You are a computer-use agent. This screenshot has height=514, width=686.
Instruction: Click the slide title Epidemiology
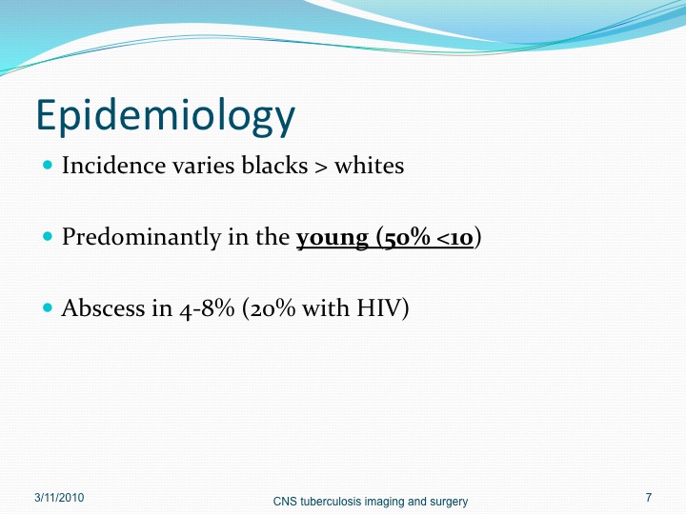(166, 115)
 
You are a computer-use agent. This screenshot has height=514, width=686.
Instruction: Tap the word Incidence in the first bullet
(113, 166)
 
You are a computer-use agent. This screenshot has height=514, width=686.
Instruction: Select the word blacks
(274, 166)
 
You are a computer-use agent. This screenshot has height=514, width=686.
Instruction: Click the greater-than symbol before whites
(321, 167)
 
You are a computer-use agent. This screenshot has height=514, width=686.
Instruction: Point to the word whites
(370, 166)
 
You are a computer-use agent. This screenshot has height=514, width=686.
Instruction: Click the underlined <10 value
(455, 238)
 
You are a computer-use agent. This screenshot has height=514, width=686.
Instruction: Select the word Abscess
(102, 307)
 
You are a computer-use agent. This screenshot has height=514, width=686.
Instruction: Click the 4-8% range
(207, 308)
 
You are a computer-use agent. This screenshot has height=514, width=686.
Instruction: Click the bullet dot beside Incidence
(48, 166)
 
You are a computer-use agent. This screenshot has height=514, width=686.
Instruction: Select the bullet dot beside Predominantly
(48, 237)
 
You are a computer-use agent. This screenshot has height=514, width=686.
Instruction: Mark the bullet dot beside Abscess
(48, 307)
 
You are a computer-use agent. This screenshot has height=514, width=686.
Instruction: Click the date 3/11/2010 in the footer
(59, 498)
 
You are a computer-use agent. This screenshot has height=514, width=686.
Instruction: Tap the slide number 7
(649, 498)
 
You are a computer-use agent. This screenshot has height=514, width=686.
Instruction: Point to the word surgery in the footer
(450, 503)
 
